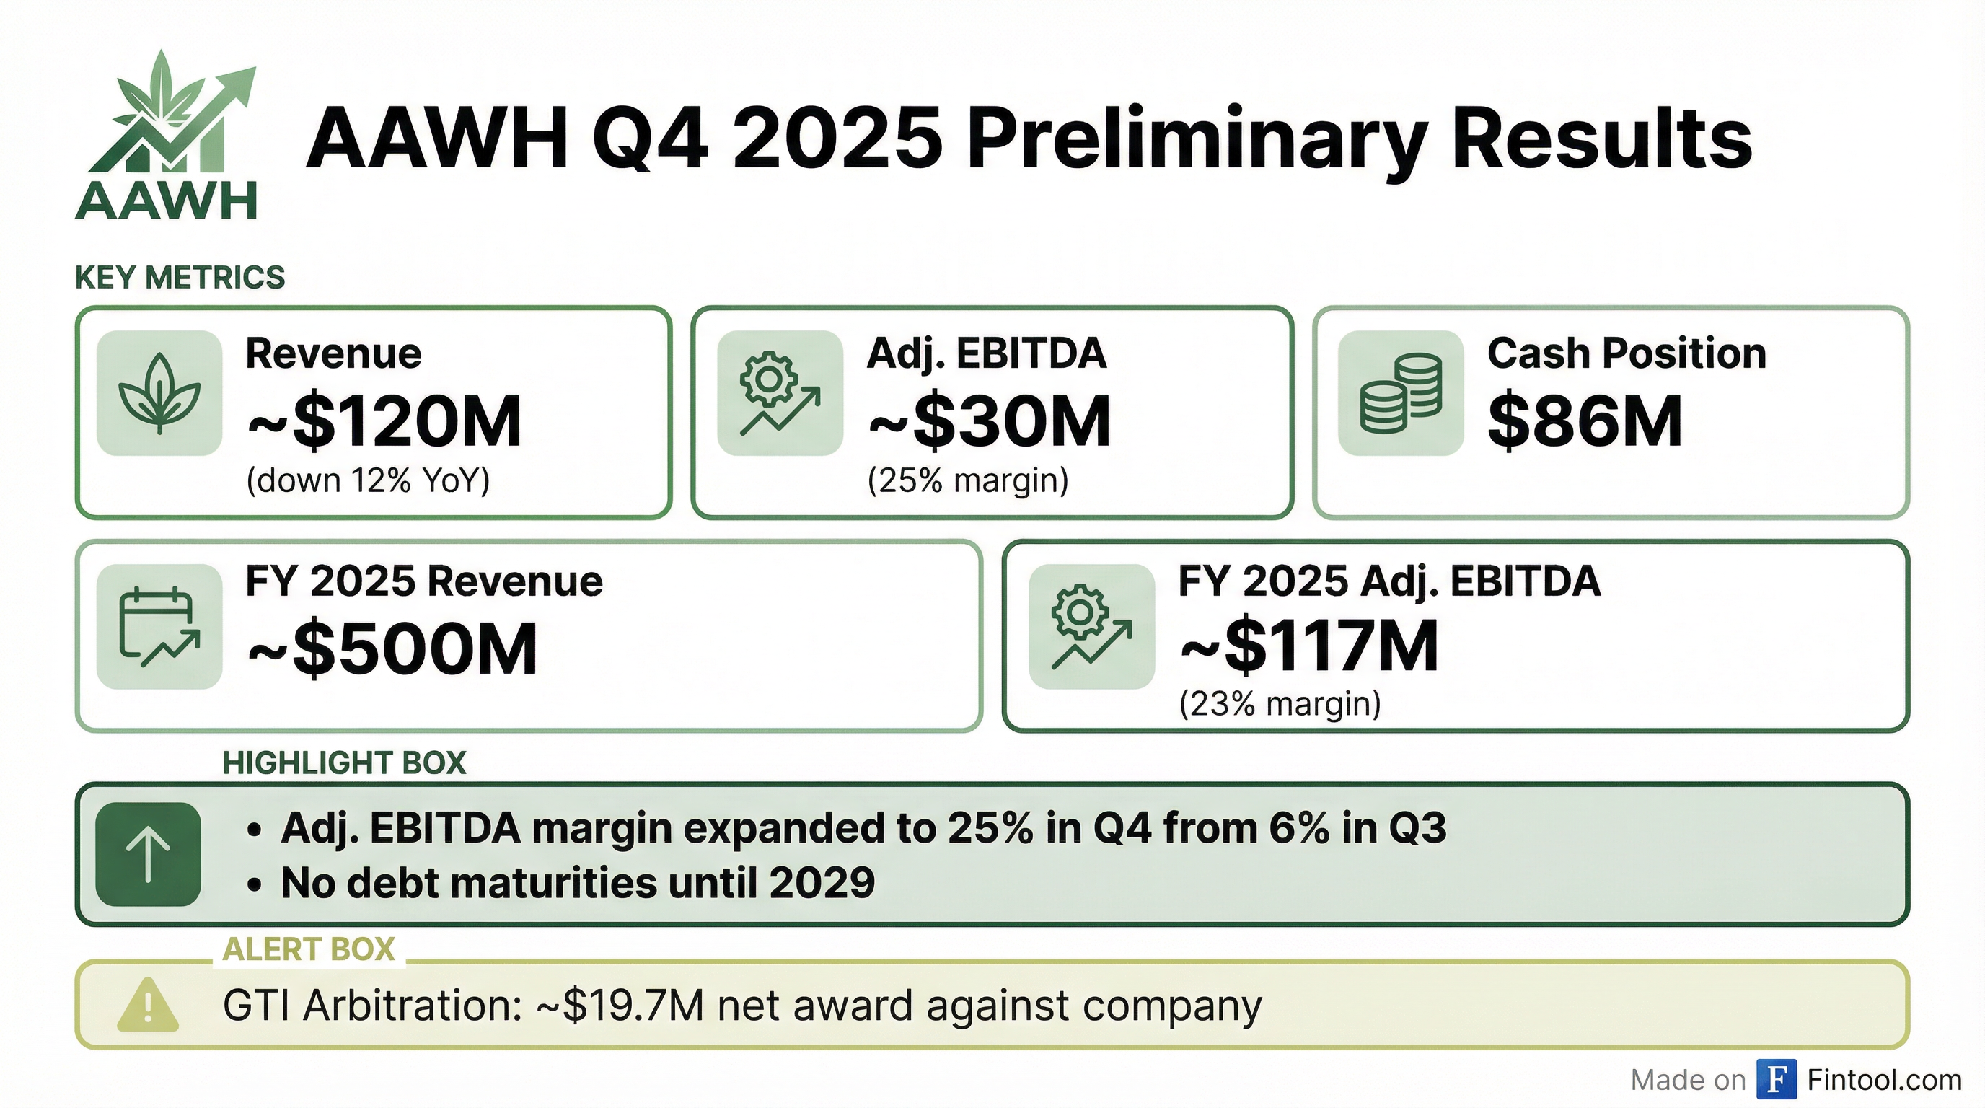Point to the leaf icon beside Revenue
159,393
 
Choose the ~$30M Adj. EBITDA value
990,421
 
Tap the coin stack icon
1400,393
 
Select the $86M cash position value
1584,421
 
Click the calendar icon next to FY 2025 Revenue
159,625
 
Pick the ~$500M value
392,648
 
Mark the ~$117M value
1309,646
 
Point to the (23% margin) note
1280,704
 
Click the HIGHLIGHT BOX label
343,762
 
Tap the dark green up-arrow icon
148,854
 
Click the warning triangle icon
148,1005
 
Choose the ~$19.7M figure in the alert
620,1006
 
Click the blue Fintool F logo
1776,1079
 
